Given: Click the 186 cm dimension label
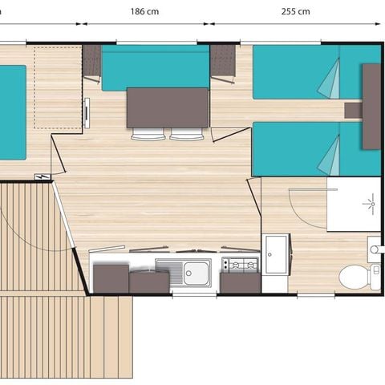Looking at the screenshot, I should [x=165, y=12].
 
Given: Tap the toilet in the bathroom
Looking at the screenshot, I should [x=355, y=278].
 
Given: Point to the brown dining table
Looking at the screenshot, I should [x=168, y=107].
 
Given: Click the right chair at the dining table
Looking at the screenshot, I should [x=188, y=135].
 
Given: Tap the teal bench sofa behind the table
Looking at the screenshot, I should [x=156, y=68].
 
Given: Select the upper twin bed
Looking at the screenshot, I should [x=305, y=72].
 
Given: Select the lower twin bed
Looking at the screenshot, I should [x=305, y=149].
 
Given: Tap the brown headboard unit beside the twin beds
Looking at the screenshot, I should [x=371, y=106].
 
